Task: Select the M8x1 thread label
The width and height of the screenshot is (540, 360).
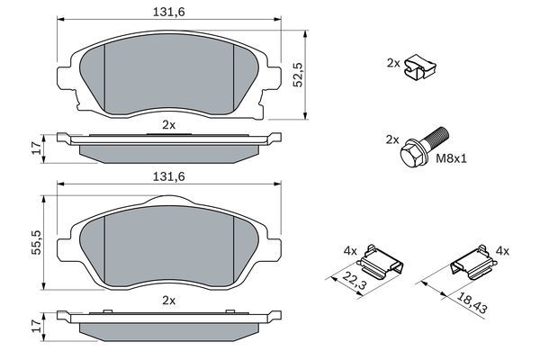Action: pyautogui.click(x=453, y=160)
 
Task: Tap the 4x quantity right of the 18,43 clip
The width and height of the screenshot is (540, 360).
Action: pyautogui.click(x=502, y=251)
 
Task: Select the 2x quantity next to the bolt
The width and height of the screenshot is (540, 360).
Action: pyautogui.click(x=392, y=139)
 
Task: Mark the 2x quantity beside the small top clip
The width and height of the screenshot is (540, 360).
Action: pyautogui.click(x=392, y=63)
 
